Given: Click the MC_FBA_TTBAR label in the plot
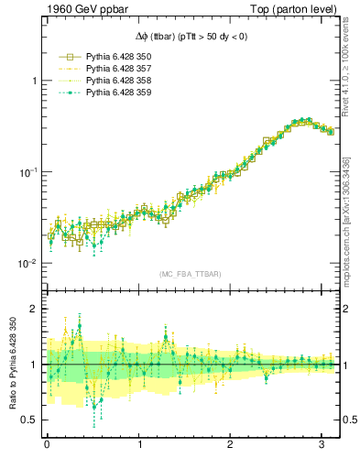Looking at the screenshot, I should pos(189,274).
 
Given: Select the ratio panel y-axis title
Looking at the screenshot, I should pos(12,365).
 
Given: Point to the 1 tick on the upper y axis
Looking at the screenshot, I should pos(34,81).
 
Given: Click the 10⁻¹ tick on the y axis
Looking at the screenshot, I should pos(28,172).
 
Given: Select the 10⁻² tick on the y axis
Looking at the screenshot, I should pos(28,264).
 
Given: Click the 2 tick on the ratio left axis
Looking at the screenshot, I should pos(34,309).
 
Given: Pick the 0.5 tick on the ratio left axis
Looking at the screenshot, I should pos(30,420).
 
